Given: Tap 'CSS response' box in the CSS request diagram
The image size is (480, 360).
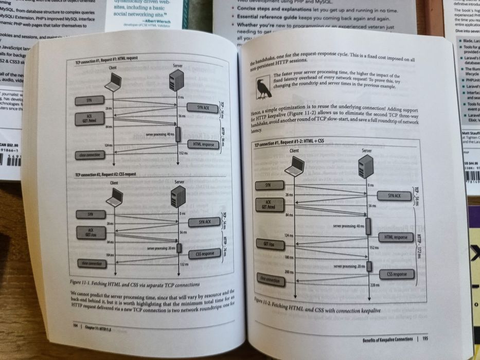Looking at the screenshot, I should coord(205,254).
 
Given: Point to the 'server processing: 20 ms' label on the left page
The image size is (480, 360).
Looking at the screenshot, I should coord(162,248).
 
